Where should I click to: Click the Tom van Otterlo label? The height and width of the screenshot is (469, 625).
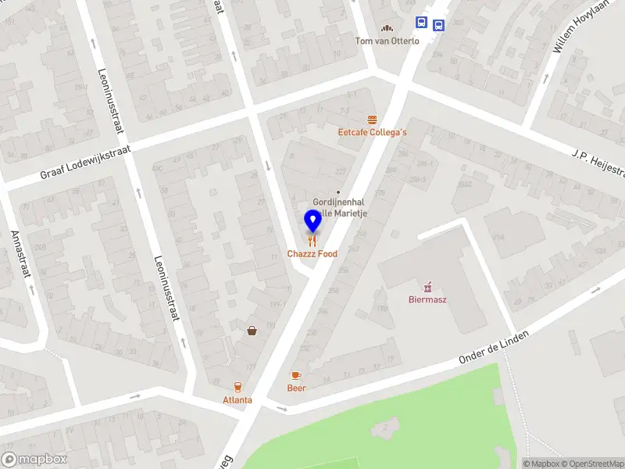[387, 41]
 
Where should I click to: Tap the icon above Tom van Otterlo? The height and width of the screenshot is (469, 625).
[387, 28]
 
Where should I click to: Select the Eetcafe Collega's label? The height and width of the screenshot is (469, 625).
[372, 132]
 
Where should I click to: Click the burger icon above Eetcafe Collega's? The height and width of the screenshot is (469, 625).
[372, 120]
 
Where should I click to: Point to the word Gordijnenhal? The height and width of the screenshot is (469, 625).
[335, 201]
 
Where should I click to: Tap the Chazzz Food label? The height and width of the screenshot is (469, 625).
[312, 254]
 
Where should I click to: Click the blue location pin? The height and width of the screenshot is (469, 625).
[312, 221]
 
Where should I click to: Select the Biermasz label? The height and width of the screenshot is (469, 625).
[427, 299]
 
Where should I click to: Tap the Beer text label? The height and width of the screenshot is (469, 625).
[296, 388]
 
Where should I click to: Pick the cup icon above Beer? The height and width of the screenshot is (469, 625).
[296, 376]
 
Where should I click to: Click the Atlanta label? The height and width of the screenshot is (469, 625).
[237, 399]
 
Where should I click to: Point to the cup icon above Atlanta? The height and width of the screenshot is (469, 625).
[237, 387]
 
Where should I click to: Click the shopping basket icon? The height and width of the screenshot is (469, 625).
[253, 331]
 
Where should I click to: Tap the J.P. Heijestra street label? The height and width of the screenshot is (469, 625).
[598, 160]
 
